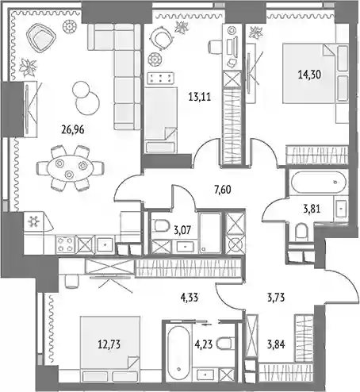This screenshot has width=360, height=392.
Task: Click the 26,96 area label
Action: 73,130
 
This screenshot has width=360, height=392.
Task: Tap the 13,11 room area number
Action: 200,97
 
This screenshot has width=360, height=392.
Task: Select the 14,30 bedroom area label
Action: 309,75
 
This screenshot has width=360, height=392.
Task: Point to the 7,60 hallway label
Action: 223,190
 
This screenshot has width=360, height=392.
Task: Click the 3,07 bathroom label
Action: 182,230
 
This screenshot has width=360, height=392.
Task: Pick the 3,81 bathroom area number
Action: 312,209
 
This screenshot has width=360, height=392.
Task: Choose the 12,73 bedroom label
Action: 109,344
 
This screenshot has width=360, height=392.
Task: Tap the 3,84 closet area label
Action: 276,344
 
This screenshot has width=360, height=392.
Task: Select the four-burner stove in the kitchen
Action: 65,244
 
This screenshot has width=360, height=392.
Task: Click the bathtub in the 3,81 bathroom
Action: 319,183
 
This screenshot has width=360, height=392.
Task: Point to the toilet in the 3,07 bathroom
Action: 162,226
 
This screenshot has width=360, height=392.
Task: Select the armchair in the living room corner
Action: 41,37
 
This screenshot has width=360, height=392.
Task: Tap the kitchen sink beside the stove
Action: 105,244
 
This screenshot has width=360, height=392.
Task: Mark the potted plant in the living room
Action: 28,67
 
